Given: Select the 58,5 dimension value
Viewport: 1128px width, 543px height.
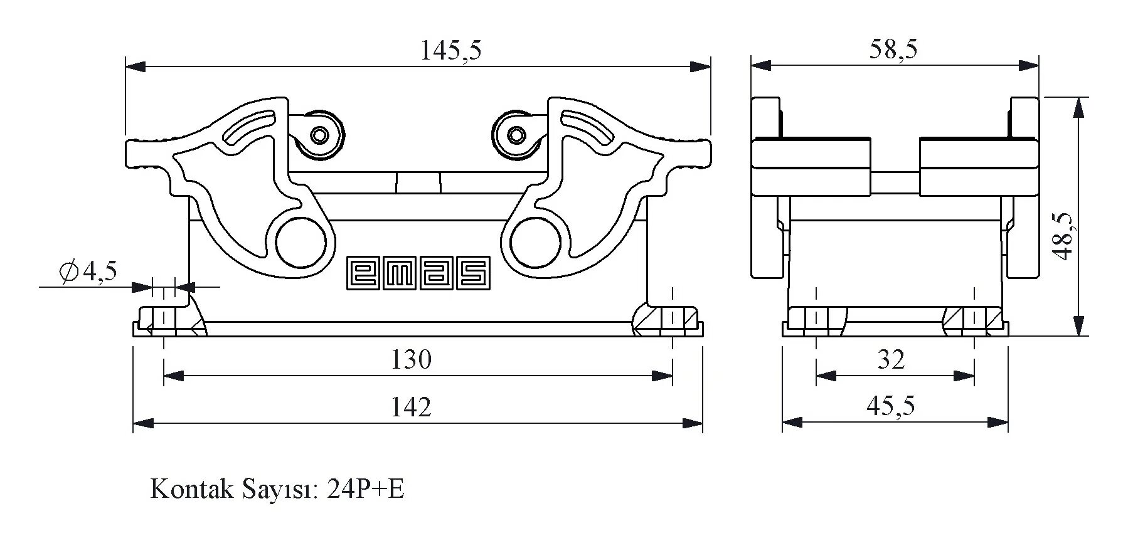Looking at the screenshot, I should [x=893, y=49].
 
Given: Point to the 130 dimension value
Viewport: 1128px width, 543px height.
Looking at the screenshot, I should [x=411, y=360].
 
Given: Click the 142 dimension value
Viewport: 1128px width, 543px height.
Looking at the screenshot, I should [x=411, y=408].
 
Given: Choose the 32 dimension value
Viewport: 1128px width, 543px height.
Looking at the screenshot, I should [x=891, y=360].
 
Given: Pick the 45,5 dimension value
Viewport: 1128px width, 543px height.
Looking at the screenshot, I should [x=890, y=406].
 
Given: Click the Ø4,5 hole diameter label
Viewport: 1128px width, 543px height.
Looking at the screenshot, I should [x=88, y=271].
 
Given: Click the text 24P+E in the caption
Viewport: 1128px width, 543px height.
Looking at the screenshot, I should [x=366, y=489].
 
